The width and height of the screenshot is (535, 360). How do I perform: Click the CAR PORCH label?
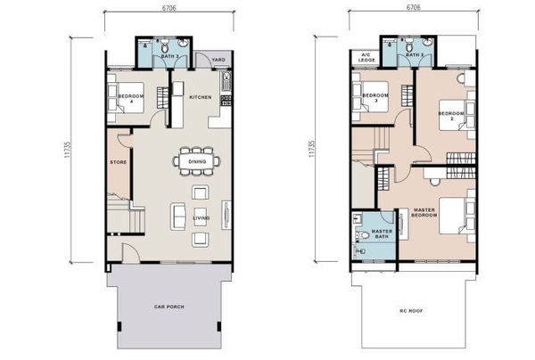[169, 307]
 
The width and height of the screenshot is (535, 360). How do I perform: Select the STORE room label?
[118, 162]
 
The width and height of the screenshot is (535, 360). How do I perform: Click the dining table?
[197, 161]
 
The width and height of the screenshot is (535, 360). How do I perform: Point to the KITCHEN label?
[201, 97]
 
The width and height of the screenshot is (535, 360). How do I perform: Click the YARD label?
[218, 60]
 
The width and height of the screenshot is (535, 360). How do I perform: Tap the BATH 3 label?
[170, 56]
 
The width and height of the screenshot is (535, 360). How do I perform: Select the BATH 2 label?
[415, 55]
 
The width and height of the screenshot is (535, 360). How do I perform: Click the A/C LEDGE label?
[366, 57]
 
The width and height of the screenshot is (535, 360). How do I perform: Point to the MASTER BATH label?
[382, 233]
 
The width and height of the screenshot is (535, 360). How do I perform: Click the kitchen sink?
[226, 82]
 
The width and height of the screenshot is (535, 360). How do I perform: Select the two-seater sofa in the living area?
[177, 217]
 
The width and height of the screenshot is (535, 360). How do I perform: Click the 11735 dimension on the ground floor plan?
[67, 150]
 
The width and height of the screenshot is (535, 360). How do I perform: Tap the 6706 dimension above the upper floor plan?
[413, 7]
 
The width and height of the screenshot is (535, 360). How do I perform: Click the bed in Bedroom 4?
[126, 97]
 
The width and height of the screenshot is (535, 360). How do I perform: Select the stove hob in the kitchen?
[226, 100]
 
